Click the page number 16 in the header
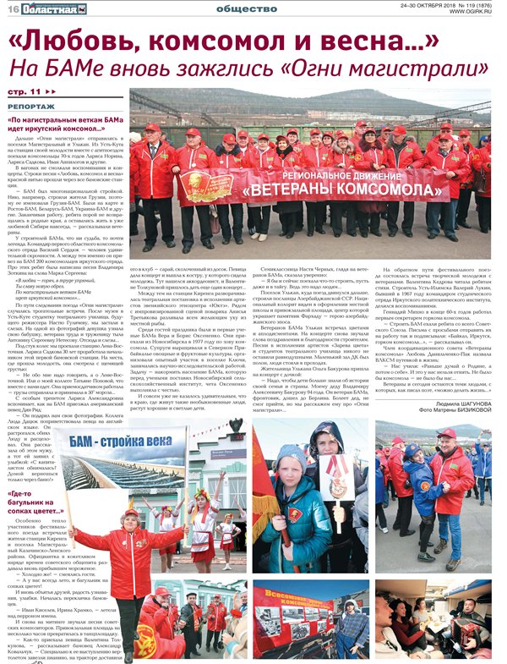click(x=13, y=8)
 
